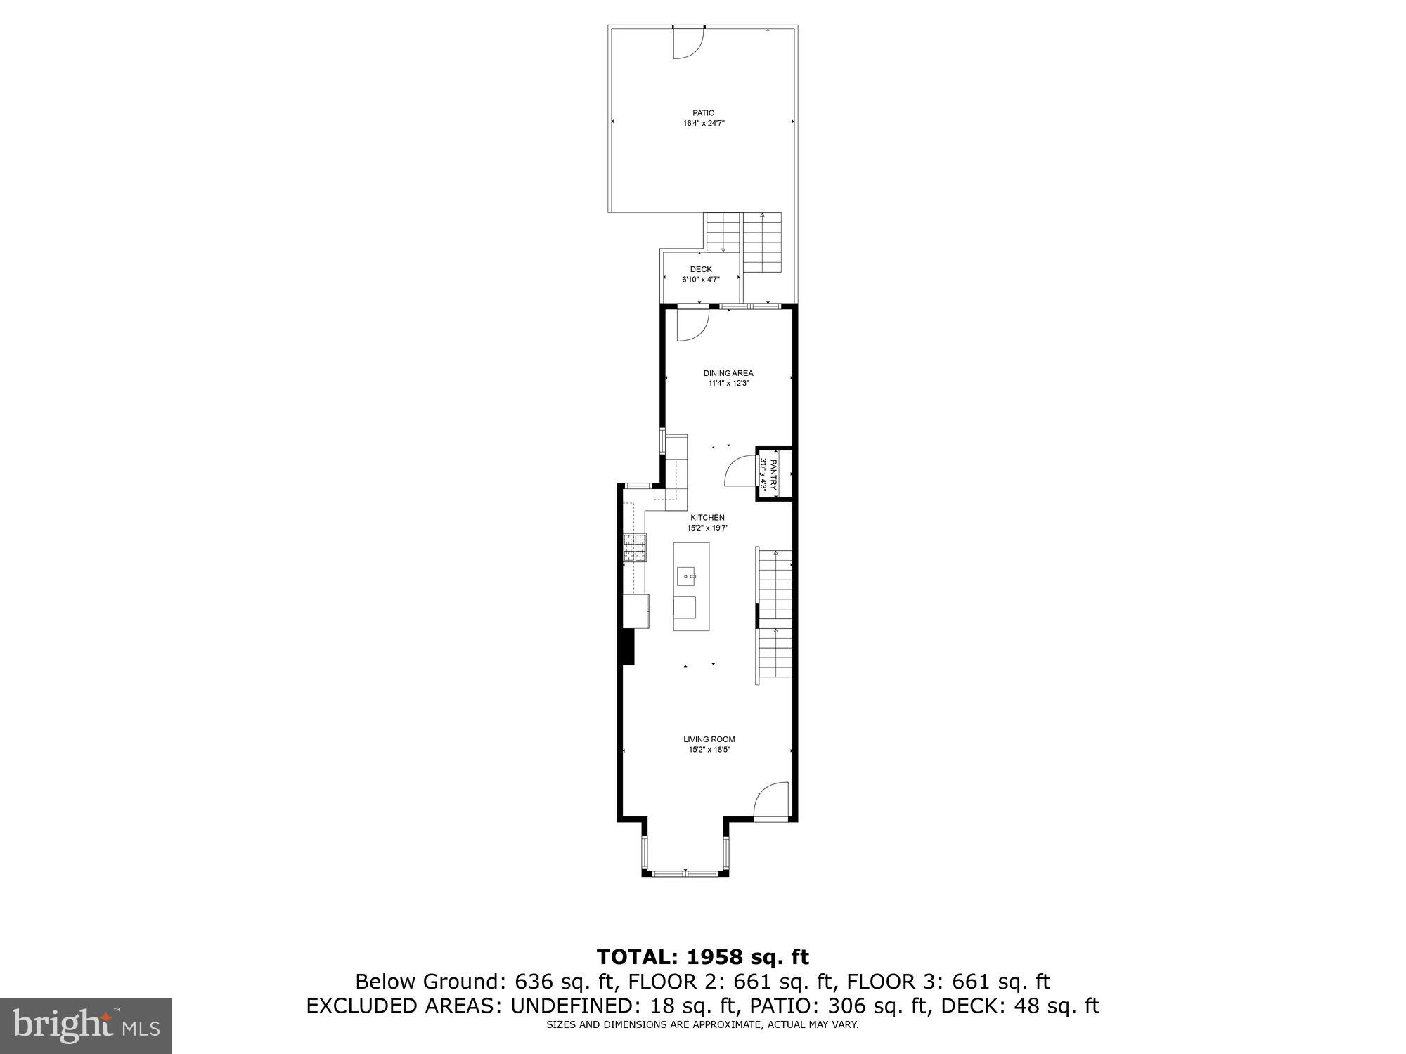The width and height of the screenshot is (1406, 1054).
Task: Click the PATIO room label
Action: tap(703, 112)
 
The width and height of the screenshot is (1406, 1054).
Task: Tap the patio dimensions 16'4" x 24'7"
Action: tap(703, 123)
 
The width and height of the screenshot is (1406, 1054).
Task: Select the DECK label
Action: tap(700, 269)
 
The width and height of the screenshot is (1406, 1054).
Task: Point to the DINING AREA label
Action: tap(728, 373)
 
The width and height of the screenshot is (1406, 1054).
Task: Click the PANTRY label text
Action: tap(773, 474)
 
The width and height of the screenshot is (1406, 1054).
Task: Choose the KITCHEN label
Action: tap(707, 517)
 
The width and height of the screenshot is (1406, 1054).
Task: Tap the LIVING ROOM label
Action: tap(709, 739)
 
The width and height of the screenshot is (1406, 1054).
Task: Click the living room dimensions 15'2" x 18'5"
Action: tap(709, 750)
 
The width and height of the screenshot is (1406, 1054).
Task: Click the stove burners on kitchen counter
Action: tap(634, 548)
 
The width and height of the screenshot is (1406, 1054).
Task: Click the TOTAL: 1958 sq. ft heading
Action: tap(702, 956)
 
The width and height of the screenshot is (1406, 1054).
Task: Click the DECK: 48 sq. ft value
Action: tap(1019, 1006)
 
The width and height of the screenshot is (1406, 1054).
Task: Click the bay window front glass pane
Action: tap(685, 873)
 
